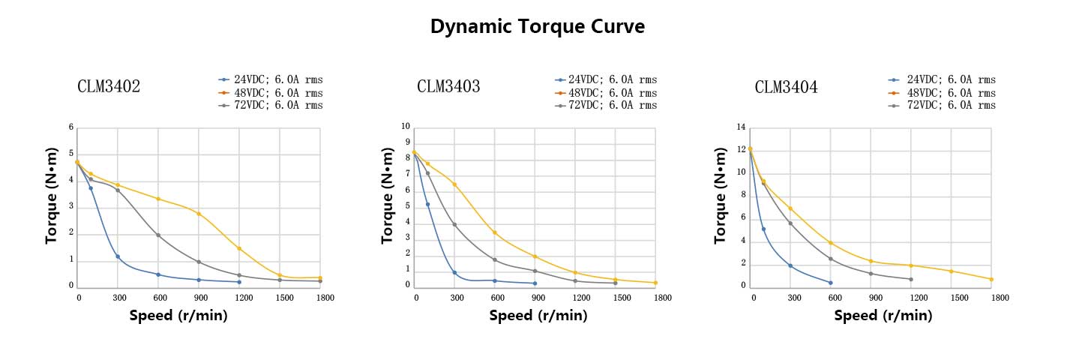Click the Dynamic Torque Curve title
pyautogui.click(x=538, y=27)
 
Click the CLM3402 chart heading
pyautogui.click(x=109, y=86)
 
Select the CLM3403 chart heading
pyautogui.click(x=448, y=86)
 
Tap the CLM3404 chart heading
pyautogui.click(x=786, y=87)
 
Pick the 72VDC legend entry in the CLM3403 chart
pyautogui.click(x=607, y=105)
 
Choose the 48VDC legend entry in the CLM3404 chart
pyautogui.click(x=945, y=93)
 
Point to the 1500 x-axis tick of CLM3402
pyautogui.click(x=280, y=298)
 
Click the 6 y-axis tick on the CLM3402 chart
pyautogui.click(x=71, y=127)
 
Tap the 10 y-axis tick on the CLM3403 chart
pyautogui.click(x=406, y=127)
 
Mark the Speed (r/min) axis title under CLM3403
pyautogui.click(x=538, y=316)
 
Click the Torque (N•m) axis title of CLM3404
pyautogui.click(x=721, y=195)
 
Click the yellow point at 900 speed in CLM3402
pyautogui.click(x=199, y=214)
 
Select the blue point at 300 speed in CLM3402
pyautogui.click(x=118, y=256)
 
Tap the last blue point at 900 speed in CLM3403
pyautogui.click(x=535, y=283)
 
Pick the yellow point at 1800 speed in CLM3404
pyautogui.click(x=991, y=279)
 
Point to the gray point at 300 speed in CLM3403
pyautogui.click(x=454, y=224)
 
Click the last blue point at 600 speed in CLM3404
pyautogui.click(x=830, y=283)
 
